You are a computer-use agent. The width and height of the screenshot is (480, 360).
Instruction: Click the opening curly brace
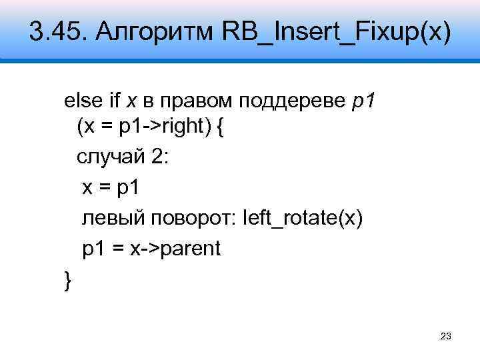click(x=221, y=125)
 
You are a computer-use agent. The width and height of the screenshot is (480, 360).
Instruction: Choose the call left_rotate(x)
click(x=305, y=218)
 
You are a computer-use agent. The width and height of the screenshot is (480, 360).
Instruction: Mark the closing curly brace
click(x=66, y=280)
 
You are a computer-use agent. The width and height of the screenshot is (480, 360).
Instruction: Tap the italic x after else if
click(x=131, y=101)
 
